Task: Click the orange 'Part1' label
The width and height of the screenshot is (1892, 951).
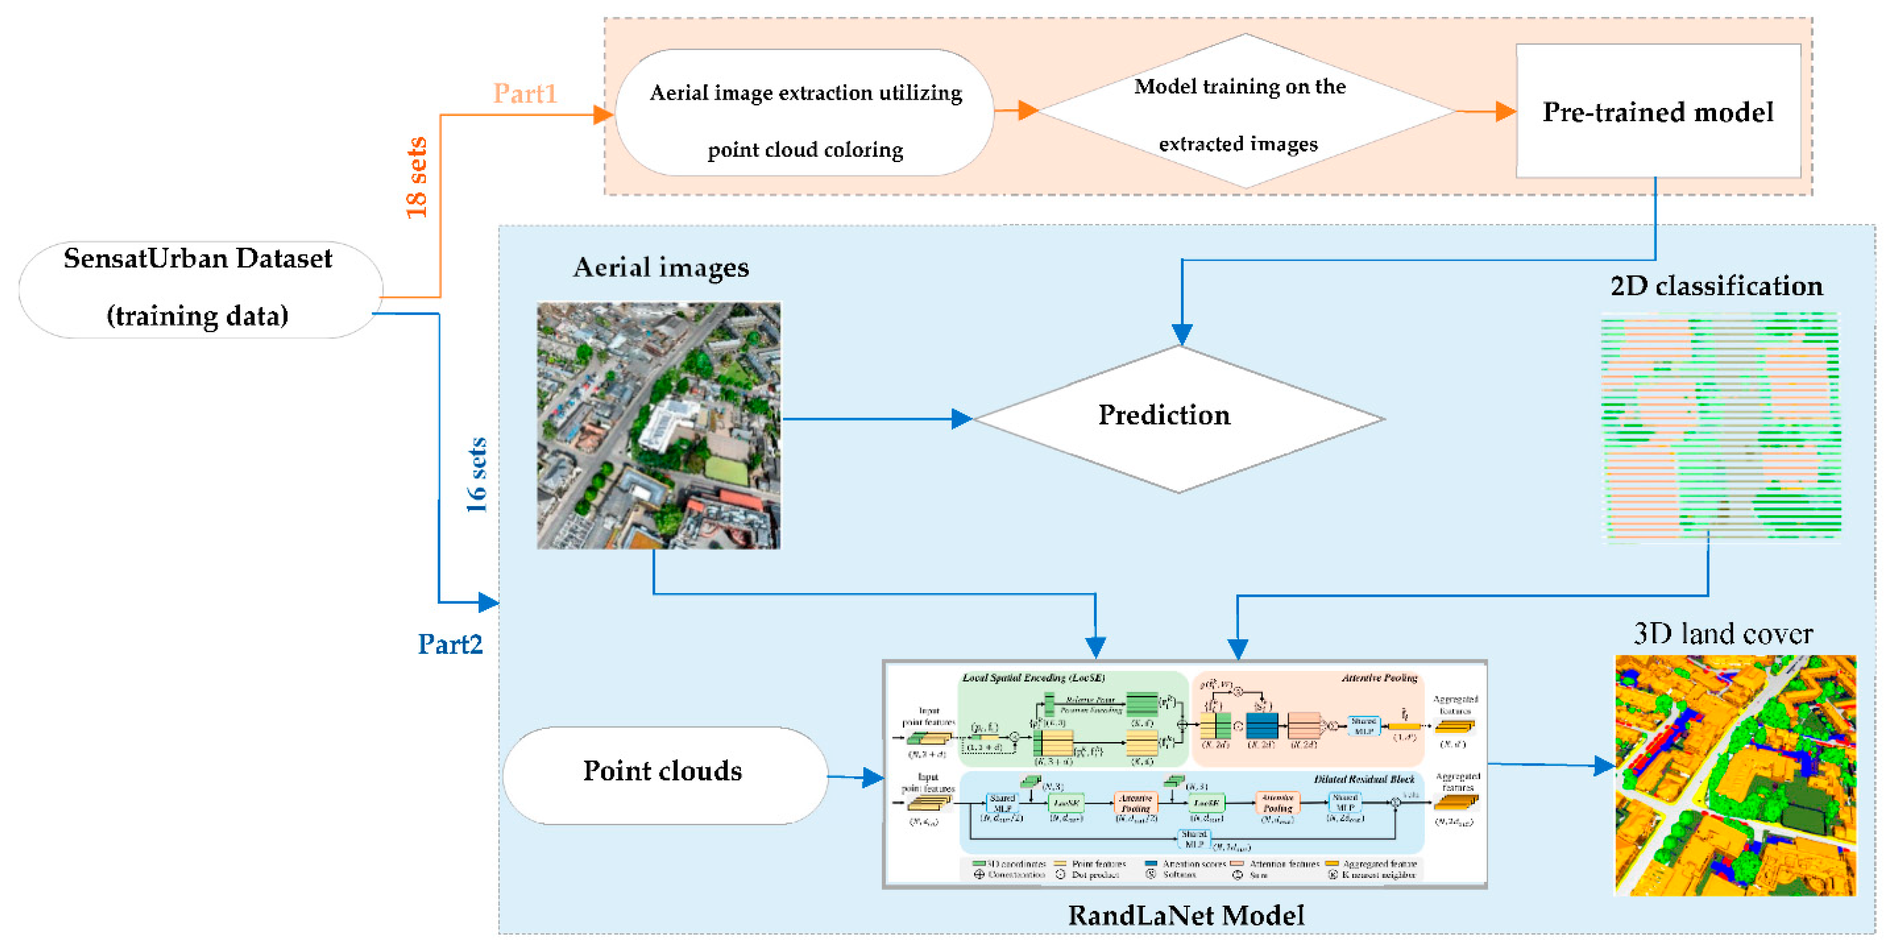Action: [524, 93]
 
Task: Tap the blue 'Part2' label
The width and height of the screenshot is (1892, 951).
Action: [450, 644]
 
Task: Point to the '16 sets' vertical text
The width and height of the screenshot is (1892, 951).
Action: [477, 475]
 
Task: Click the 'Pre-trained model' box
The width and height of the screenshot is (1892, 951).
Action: [1658, 112]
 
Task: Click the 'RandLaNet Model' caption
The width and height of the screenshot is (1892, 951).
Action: [1185, 915]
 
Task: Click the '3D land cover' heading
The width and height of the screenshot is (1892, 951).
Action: [1722, 634]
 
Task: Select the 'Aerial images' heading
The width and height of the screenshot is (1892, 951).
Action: [660, 267]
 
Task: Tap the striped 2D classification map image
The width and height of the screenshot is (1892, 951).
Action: [1720, 426]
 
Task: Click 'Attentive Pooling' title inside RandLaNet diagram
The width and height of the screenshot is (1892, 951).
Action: [1379, 678]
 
